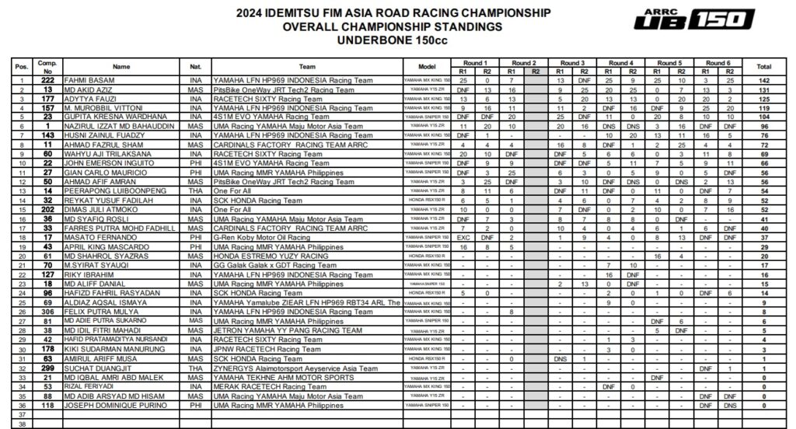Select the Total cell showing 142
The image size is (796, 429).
[x=765, y=81]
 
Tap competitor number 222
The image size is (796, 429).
[x=47, y=81]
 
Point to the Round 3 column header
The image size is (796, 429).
[x=572, y=62]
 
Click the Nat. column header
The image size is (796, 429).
[x=194, y=67]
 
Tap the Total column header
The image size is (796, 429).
[x=765, y=67]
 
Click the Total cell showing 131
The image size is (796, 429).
[x=765, y=90]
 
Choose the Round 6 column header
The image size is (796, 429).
[x=717, y=62]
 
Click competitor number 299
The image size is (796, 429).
[x=47, y=367]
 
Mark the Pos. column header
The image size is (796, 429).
[x=22, y=67]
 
